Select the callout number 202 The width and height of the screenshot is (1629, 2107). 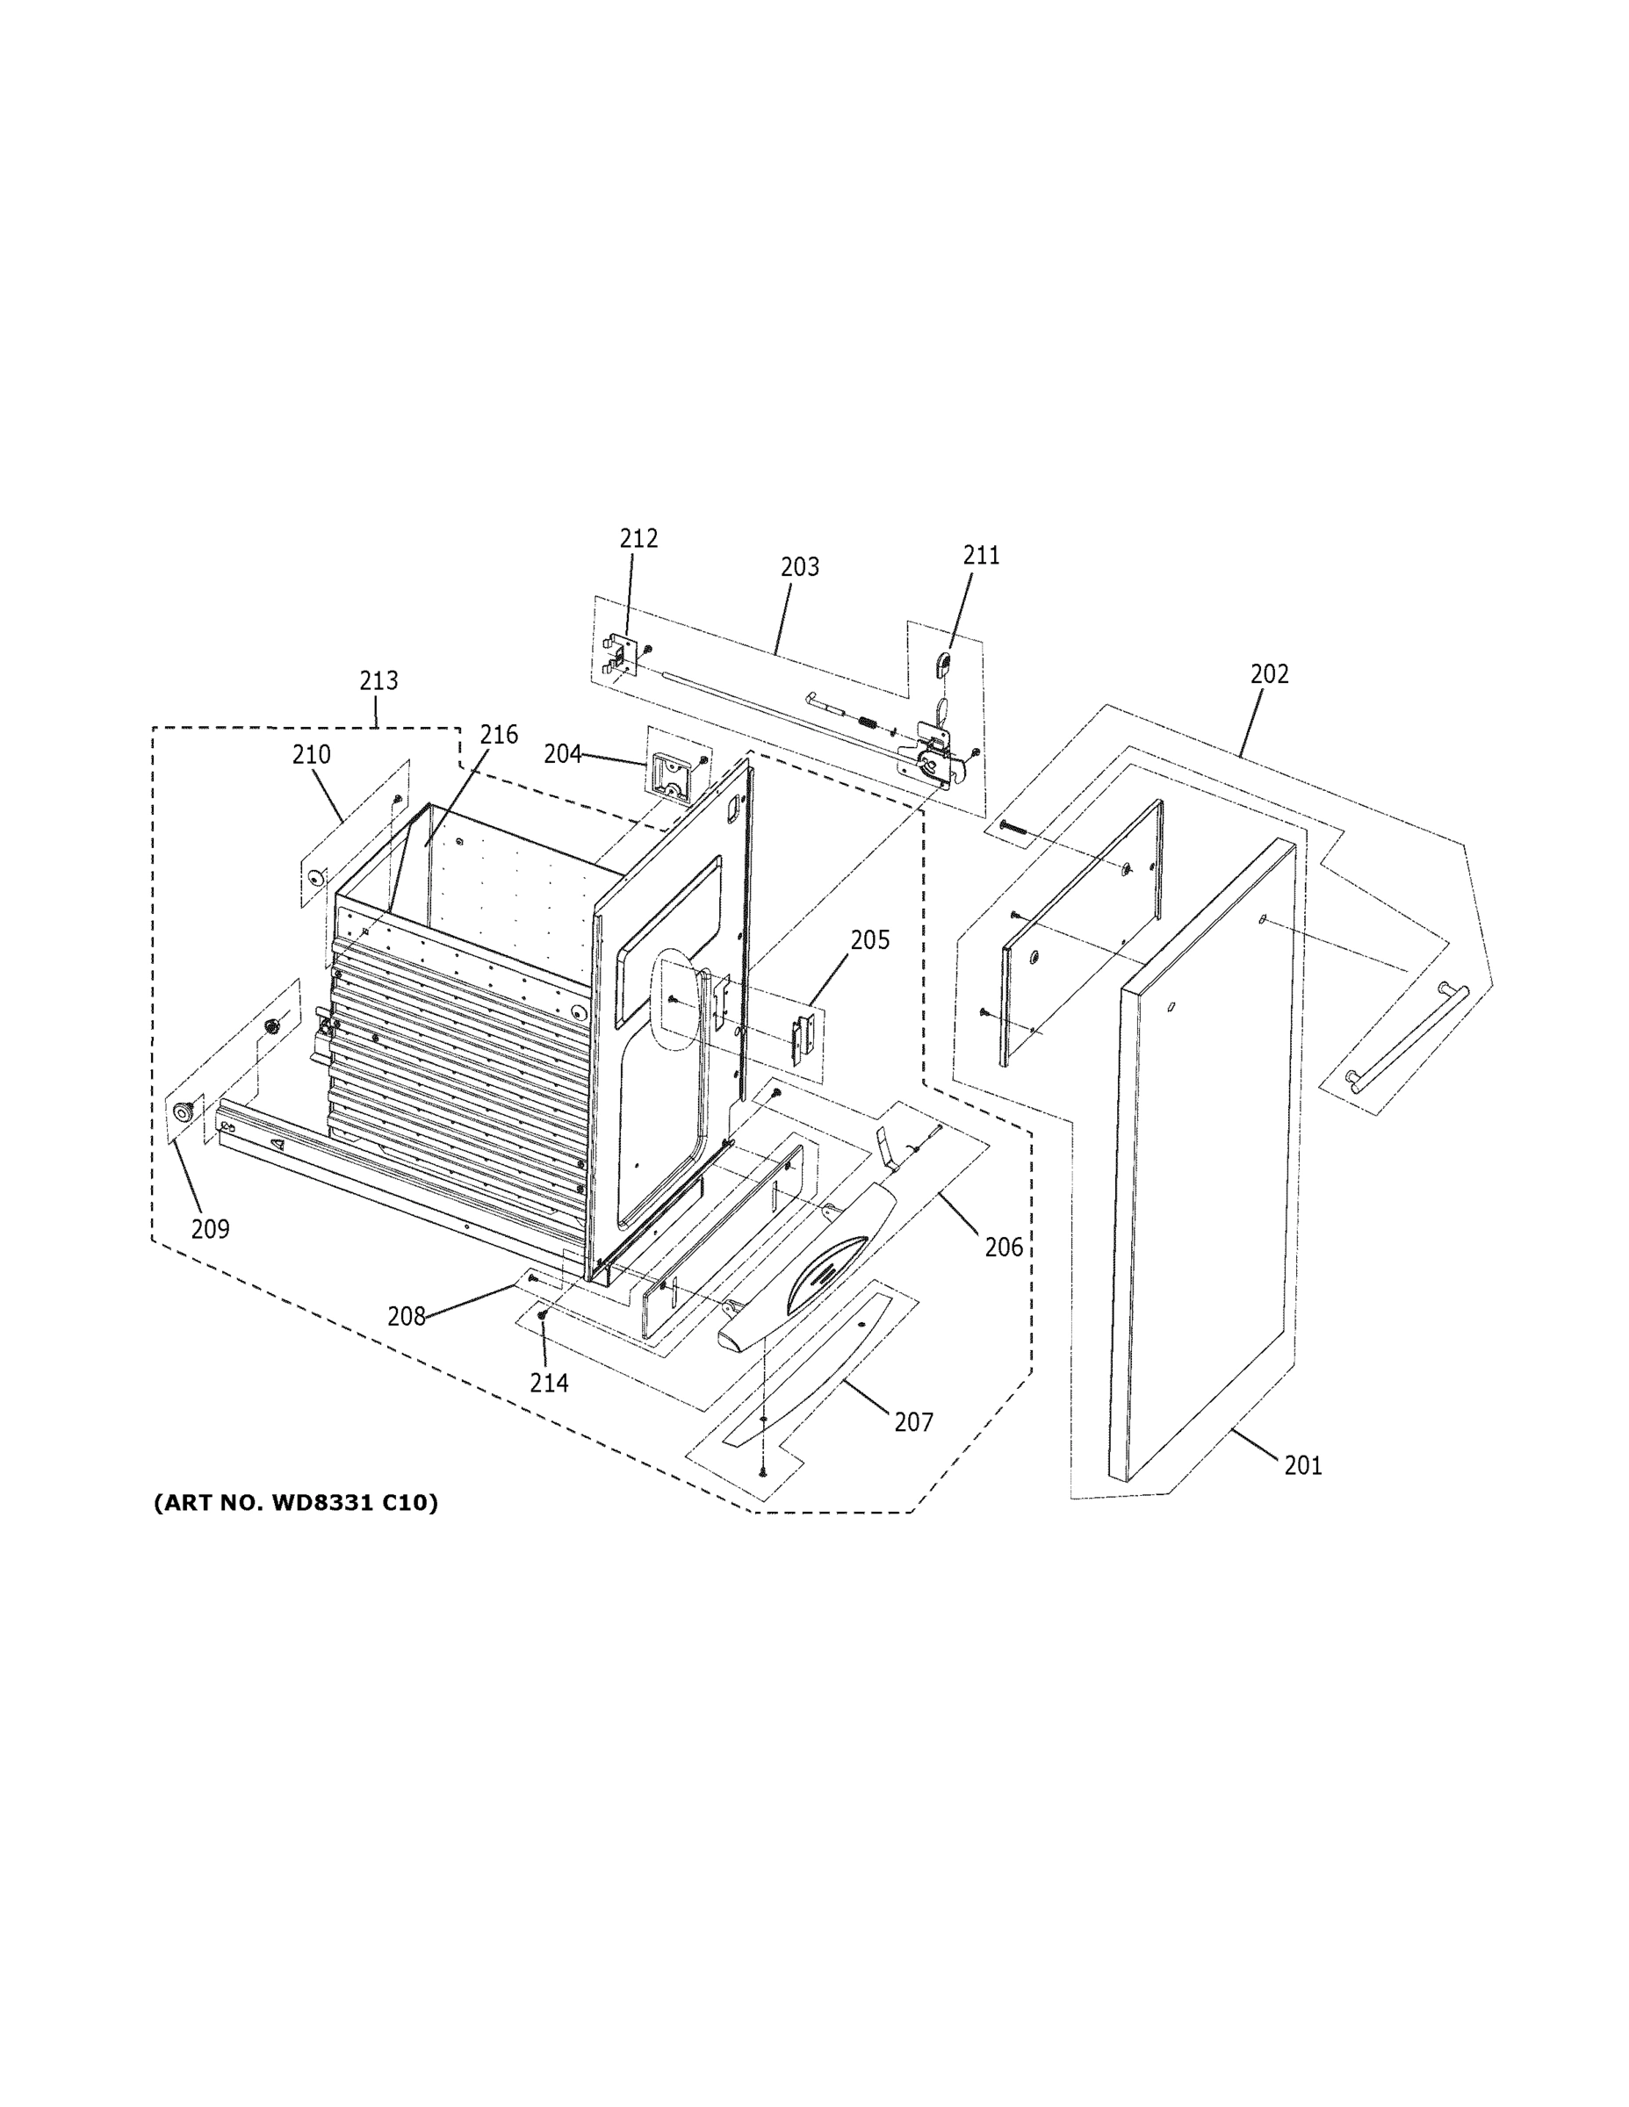[1269, 674]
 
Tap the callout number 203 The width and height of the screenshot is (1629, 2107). [799, 567]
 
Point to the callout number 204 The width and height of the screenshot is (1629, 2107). [562, 753]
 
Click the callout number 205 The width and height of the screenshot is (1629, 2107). [869, 939]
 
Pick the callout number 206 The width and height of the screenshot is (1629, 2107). [1003, 1248]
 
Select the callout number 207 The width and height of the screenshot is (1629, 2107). [913, 1421]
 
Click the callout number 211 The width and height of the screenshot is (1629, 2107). [981, 556]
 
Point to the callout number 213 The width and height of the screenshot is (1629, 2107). [378, 681]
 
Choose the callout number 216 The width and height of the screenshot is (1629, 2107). [499, 735]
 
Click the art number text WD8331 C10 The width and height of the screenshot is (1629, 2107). [295, 1503]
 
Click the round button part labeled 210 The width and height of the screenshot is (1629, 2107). [314, 877]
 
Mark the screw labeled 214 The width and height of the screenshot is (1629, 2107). [543, 1315]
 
